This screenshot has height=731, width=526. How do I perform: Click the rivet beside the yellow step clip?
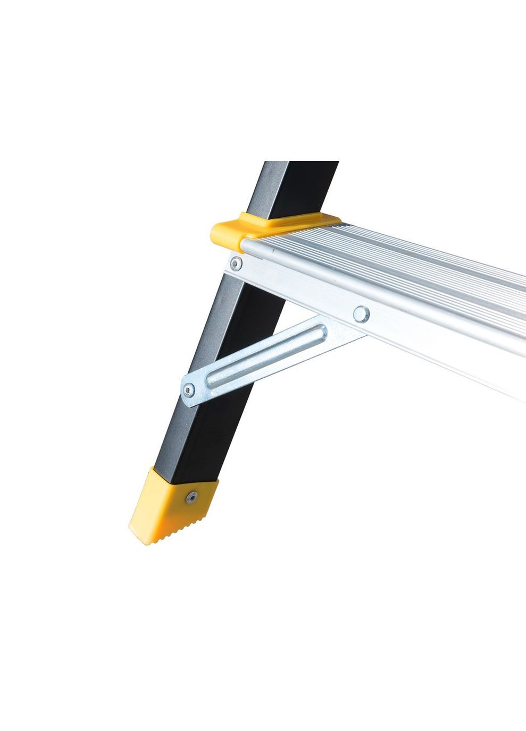click(235, 263)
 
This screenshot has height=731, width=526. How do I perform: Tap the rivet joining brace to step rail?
click(361, 313)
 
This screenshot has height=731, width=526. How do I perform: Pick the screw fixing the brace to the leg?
click(188, 390)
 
